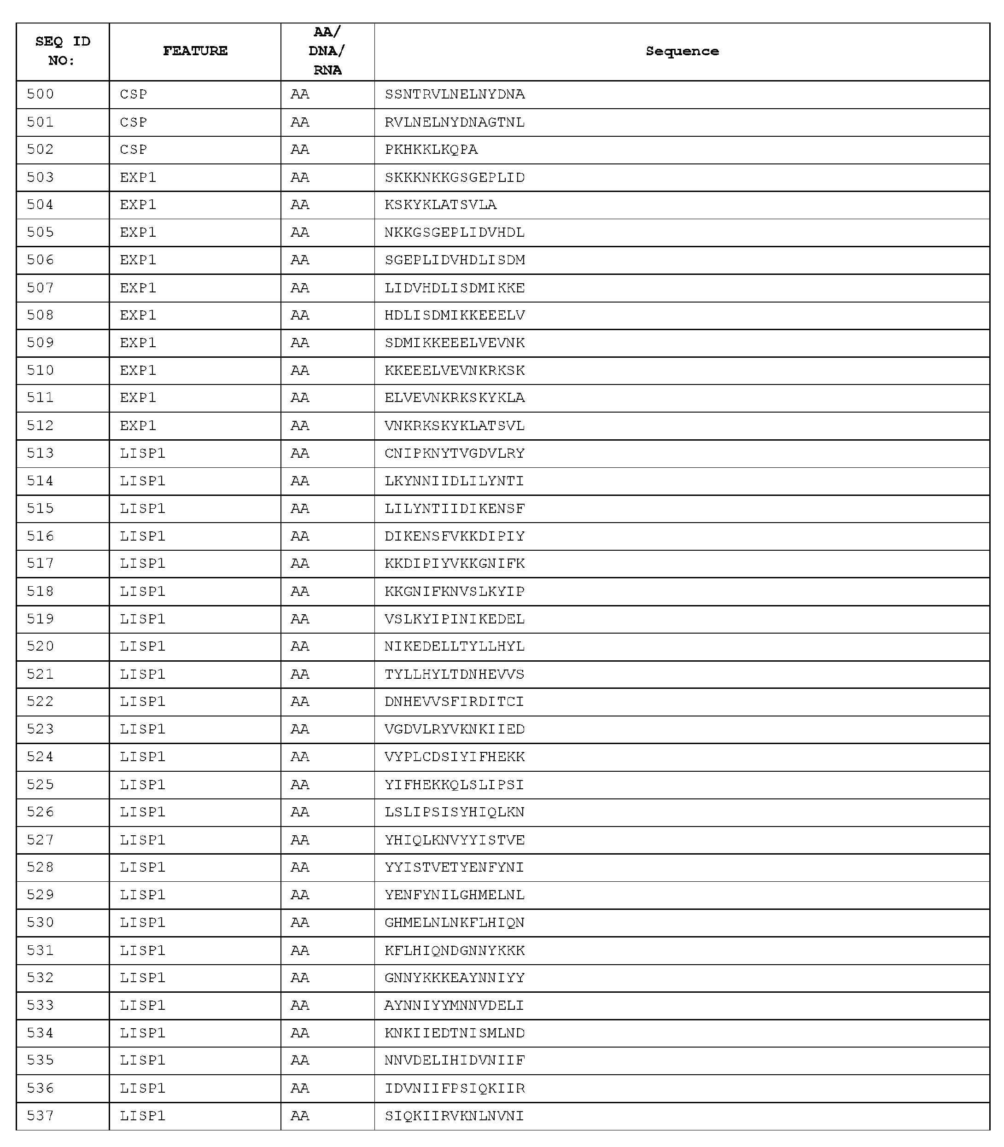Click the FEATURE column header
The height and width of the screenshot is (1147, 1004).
coord(195,51)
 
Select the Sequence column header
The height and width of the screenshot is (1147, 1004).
coord(682,51)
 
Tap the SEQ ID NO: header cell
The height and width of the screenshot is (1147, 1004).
coord(62,51)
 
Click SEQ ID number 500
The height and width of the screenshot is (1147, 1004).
coord(41,94)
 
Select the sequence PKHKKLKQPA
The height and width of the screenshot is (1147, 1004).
coord(431,150)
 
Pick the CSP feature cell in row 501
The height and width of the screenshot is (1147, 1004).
coord(134,122)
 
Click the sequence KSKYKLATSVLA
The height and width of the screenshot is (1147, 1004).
coord(440,204)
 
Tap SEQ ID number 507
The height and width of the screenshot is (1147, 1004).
coord(41,288)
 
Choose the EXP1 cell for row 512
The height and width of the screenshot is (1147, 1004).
coord(138,425)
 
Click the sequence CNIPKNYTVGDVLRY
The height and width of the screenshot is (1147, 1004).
coord(455,453)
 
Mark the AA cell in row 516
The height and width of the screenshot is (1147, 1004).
coord(300,536)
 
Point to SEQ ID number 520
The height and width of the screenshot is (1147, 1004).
coord(41,646)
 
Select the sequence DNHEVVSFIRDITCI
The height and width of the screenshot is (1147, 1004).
coord(455,701)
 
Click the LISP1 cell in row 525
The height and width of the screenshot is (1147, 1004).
coord(142,785)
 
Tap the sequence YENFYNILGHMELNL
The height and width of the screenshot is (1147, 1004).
coord(455,895)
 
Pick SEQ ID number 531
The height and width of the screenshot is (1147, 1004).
coord(41,950)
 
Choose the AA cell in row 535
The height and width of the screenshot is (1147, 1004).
coord(300,1060)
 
